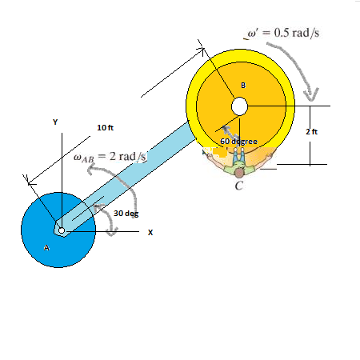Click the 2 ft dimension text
(313, 132)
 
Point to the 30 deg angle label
(126, 214)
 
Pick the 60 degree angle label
(238, 142)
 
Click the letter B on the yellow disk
(243, 86)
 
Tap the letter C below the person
(239, 187)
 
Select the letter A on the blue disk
(46, 249)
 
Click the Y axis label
(55, 122)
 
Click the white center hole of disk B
(239, 106)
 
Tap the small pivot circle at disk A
(61, 230)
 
